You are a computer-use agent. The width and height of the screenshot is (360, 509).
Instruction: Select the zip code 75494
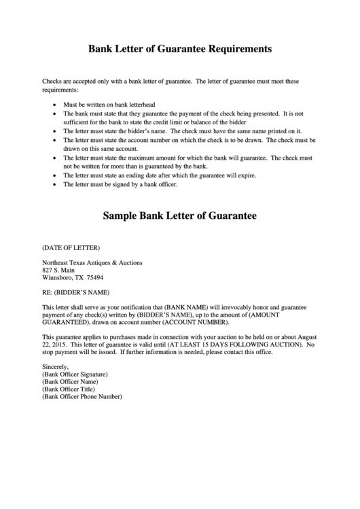[94, 277]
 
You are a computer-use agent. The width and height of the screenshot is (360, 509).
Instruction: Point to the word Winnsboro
[58, 277]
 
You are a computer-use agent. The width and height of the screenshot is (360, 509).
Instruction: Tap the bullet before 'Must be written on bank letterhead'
[55, 105]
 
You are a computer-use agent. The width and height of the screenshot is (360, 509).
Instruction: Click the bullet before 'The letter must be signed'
[55, 183]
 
